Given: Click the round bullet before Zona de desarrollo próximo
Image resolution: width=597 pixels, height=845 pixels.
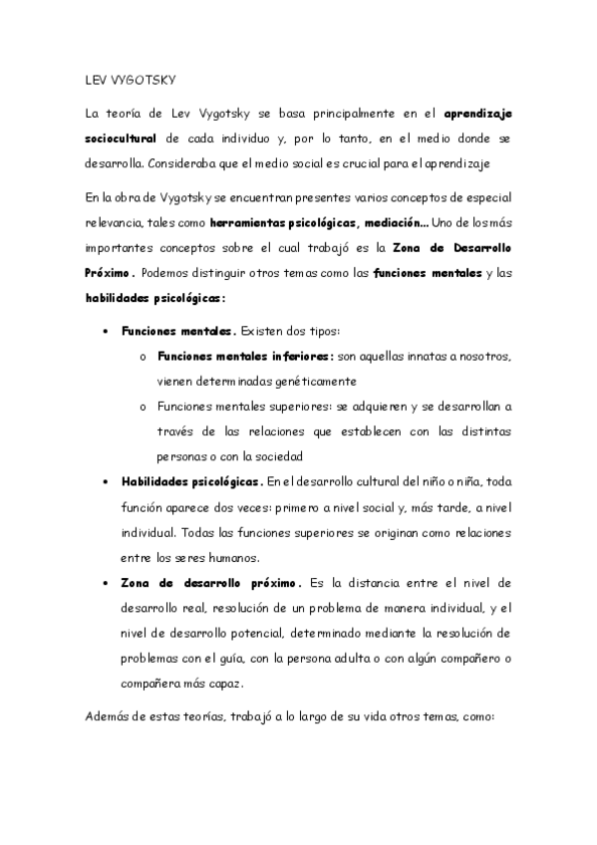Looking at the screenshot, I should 106,581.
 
